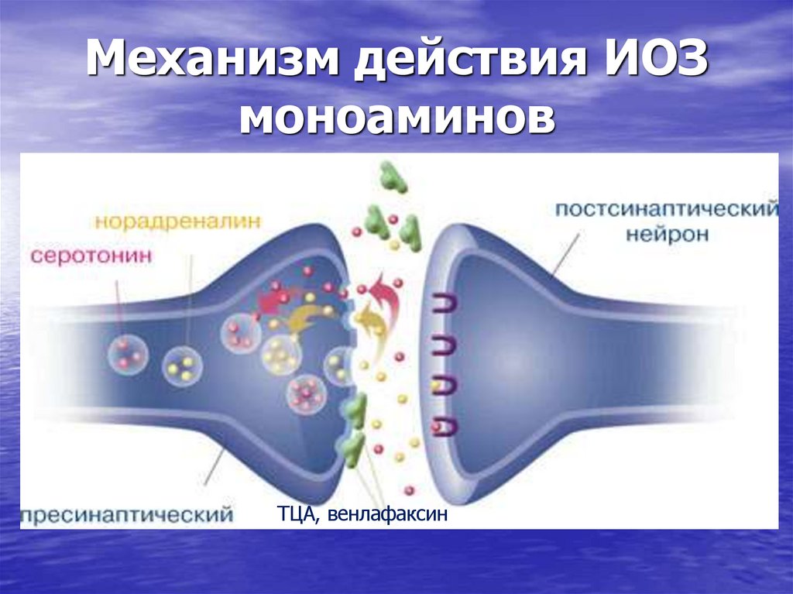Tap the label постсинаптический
(x=666, y=209)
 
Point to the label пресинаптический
(x=128, y=513)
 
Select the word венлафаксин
(x=387, y=514)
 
